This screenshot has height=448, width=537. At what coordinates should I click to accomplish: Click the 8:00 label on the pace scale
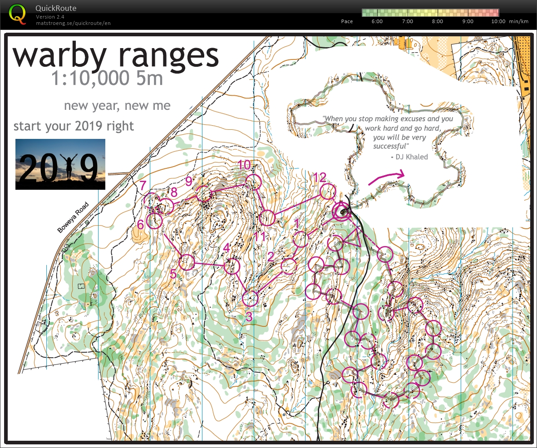(437, 21)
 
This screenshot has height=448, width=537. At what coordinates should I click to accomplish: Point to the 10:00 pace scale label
(498, 21)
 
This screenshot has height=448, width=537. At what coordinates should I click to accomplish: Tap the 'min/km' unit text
(518, 21)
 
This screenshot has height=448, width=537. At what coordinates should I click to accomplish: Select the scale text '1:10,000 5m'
(107, 79)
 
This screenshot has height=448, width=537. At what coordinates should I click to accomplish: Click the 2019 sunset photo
(60, 164)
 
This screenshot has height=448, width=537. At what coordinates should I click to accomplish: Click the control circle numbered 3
(250, 299)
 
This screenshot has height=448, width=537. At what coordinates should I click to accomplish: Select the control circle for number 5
(187, 262)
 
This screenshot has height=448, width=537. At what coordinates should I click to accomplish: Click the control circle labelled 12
(327, 192)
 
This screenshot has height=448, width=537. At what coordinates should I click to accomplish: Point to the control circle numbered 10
(254, 182)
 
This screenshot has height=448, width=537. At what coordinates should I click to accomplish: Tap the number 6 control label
(141, 225)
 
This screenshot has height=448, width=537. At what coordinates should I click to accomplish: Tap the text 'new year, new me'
(117, 106)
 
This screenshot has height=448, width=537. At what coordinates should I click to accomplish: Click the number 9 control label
(189, 181)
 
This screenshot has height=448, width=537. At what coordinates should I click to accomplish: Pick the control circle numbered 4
(232, 266)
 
